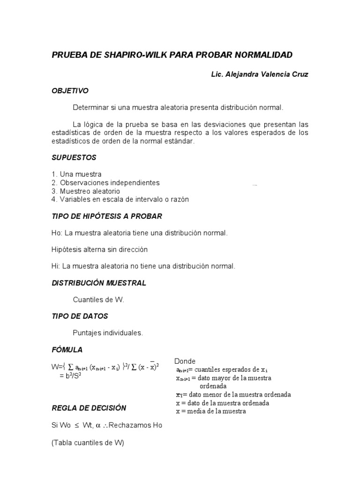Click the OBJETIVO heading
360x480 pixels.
click(70, 90)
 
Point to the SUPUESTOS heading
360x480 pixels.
click(74, 157)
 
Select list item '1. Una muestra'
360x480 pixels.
click(76, 174)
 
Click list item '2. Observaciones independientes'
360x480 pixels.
click(105, 183)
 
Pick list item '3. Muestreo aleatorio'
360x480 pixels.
click(86, 191)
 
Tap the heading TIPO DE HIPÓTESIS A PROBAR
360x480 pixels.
click(106, 216)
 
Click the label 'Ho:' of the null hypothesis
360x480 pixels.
click(57, 233)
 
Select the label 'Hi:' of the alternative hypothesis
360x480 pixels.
click(56, 266)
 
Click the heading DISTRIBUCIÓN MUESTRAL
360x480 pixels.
click(98, 283)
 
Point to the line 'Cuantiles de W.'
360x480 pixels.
click(98, 300)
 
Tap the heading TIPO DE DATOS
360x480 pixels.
click(80, 316)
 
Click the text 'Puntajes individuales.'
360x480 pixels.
click(107, 333)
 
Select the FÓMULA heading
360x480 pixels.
click(67, 350)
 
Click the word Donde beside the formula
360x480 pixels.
click(185, 361)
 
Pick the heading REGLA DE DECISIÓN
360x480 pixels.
click(89, 408)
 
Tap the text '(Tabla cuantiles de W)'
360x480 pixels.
click(88, 442)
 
